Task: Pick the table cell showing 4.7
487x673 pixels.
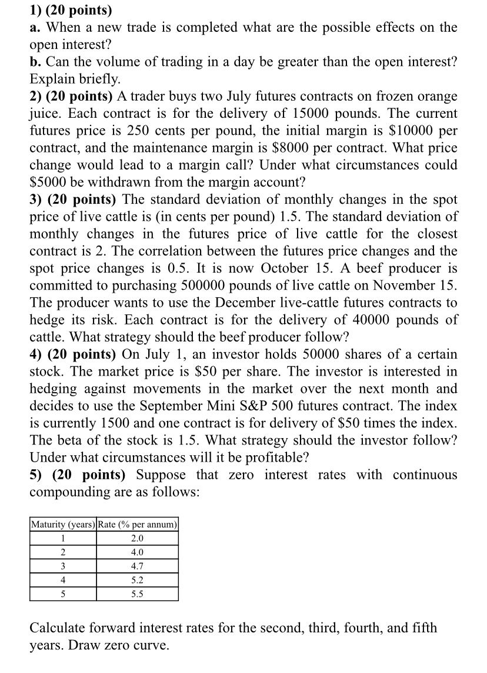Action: [137, 566]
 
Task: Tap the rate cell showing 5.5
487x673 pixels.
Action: [137, 594]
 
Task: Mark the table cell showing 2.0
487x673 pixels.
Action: [137, 538]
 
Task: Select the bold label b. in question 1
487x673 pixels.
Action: [36, 61]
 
